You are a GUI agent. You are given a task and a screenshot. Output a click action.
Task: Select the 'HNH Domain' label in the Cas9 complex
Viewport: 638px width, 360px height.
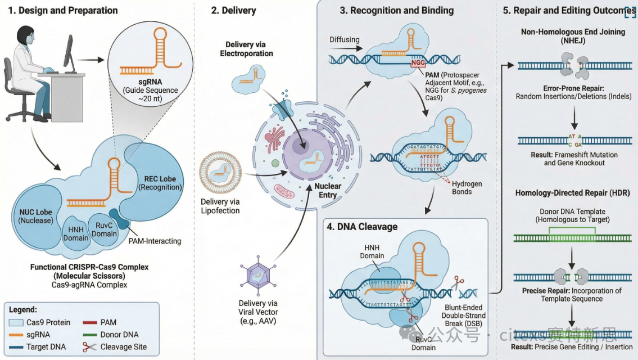pyautogui.click(x=76, y=233)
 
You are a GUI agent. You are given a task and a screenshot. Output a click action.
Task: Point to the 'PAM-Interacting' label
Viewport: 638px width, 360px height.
pyautogui.click(x=155, y=241)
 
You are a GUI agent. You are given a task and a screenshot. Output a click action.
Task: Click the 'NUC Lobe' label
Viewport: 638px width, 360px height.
pyautogui.click(x=33, y=215)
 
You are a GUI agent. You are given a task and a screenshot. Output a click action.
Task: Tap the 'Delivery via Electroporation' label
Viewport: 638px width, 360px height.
pyautogui.click(x=246, y=49)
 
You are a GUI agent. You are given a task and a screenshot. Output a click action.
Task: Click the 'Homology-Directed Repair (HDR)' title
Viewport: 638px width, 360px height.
pyautogui.click(x=572, y=193)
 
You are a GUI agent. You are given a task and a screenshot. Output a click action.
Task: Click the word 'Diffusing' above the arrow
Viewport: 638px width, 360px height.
pyautogui.click(x=345, y=40)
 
